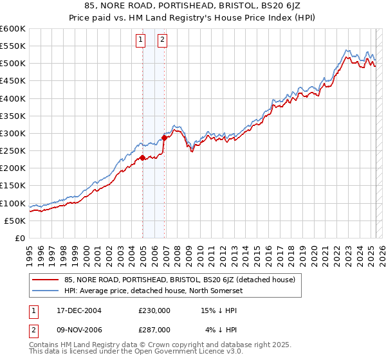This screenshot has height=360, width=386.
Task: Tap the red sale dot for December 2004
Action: (x=142, y=157)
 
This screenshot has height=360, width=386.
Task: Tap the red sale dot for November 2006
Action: (x=165, y=137)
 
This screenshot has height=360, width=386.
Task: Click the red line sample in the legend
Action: (x=46, y=280)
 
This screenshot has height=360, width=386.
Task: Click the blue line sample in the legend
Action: (x=46, y=291)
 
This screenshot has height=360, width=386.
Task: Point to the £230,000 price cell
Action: (x=154, y=310)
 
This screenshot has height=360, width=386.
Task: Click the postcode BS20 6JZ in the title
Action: (x=277, y=8)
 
